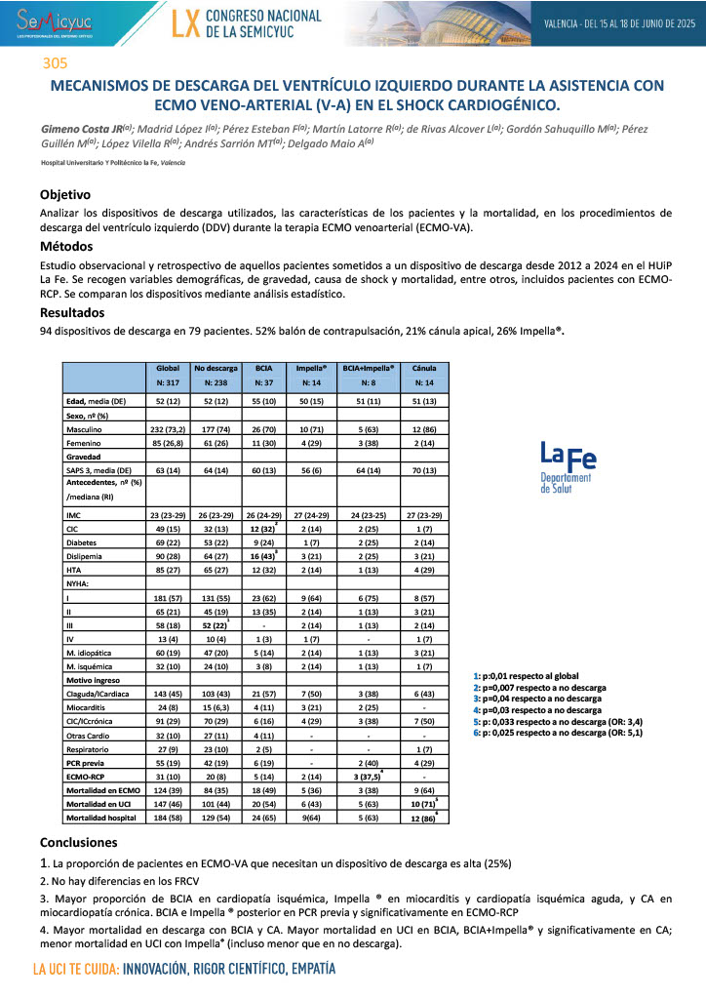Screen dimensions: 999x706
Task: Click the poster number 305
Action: [x=56, y=64]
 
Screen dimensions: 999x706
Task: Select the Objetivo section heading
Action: [x=65, y=194]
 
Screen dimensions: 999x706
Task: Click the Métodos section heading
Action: [x=66, y=247]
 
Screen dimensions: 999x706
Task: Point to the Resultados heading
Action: [x=72, y=313]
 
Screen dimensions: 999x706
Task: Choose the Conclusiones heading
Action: [x=78, y=842]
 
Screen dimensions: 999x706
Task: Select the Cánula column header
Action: [x=424, y=369]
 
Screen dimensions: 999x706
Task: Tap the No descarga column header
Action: [x=216, y=369]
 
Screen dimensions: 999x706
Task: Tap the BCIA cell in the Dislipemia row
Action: [x=262, y=555]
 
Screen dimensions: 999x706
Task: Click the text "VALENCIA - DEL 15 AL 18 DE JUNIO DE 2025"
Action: [x=618, y=21]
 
